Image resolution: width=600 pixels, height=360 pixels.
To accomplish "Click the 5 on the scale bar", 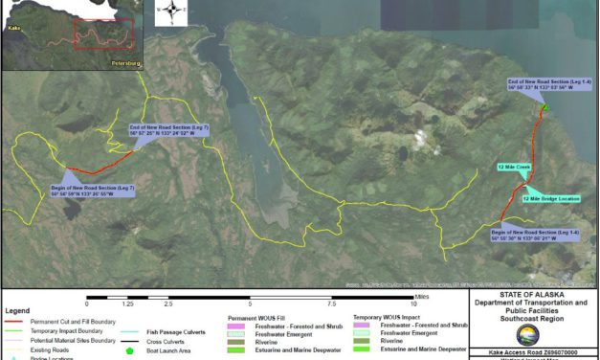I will pos(250,304).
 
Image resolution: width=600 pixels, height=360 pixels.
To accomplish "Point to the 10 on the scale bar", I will pos(413,304).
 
